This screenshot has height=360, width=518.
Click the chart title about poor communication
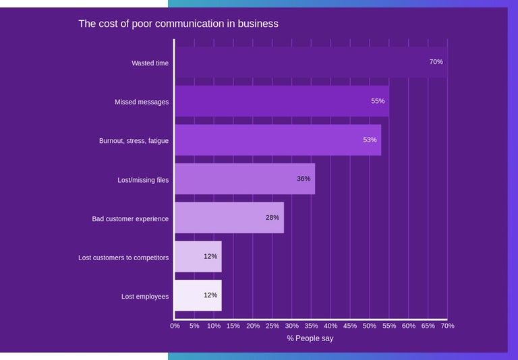coord(178,24)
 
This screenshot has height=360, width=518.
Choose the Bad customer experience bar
coord(229,218)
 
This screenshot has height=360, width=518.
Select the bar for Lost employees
coord(198,296)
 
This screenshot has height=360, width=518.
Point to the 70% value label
coord(436,62)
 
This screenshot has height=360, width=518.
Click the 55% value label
coord(378,101)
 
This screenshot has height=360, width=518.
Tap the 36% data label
coord(304,179)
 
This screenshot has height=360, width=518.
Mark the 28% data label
coord(272,218)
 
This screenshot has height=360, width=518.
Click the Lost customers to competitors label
coord(123,258)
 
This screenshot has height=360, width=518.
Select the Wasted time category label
coord(150,63)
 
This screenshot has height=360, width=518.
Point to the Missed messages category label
coord(142,102)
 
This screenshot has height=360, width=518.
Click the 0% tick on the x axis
coord(175,326)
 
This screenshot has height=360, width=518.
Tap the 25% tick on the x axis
coord(272,326)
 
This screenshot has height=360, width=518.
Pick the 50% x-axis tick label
coord(370,326)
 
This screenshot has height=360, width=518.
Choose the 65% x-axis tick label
coord(428,326)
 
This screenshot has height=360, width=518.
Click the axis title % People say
coord(310,338)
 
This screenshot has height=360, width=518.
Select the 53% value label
coord(370,140)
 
